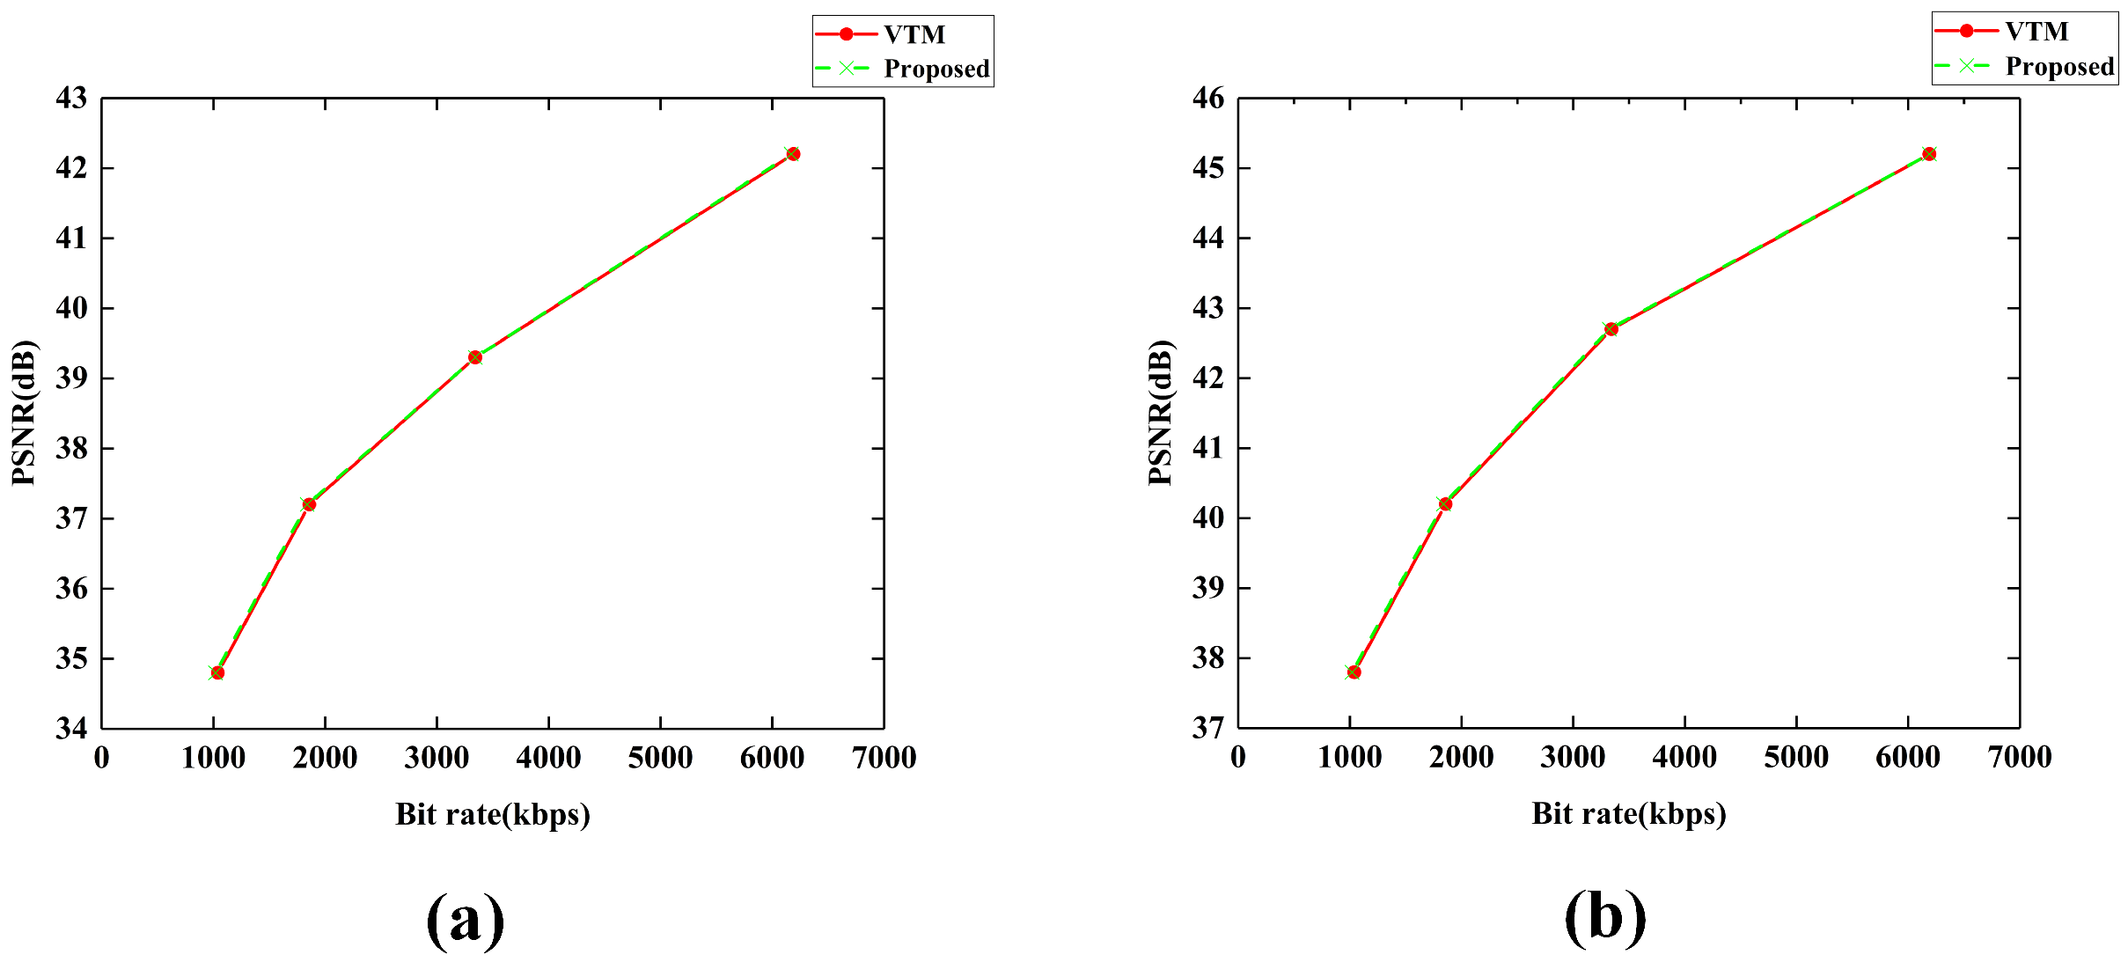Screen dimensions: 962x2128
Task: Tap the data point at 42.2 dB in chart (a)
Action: (793, 154)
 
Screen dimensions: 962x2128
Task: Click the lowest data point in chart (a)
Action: (217, 672)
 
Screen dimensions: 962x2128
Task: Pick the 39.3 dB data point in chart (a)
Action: (475, 357)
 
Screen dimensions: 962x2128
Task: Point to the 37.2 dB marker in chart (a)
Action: (309, 504)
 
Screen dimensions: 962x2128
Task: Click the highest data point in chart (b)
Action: (1929, 154)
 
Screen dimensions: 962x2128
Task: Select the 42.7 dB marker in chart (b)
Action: (1611, 329)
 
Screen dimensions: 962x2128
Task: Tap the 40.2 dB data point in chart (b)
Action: (1445, 504)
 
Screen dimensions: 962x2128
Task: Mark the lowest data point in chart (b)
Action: (1354, 672)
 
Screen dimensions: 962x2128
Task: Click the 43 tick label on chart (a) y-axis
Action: (72, 99)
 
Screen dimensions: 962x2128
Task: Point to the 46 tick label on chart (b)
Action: (1208, 99)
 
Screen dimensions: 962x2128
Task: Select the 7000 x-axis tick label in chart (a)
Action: (884, 758)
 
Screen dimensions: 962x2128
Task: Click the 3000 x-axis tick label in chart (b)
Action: (1573, 758)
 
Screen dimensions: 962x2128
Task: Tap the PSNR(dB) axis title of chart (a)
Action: (25, 412)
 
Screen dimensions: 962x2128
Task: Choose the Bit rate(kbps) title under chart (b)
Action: (1628, 813)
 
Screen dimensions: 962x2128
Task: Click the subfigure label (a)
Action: (465, 919)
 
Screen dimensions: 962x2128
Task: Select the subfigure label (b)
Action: (1604, 917)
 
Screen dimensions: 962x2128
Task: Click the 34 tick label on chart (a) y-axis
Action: (72, 729)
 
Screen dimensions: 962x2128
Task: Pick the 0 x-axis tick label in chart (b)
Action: (1238, 758)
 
